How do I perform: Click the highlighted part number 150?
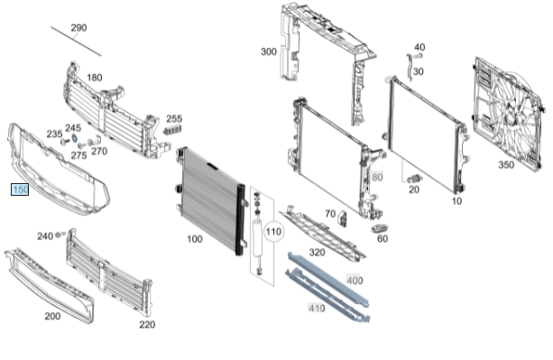[20, 189]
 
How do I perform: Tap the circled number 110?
[273, 232]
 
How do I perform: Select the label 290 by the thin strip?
[78, 27]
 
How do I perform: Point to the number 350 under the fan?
[506, 165]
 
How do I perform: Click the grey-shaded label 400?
[355, 281]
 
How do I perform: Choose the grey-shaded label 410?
[317, 308]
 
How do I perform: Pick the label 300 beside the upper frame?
[269, 51]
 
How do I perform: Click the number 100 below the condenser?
[194, 239]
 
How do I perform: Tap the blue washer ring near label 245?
[75, 137]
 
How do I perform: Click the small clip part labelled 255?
[172, 129]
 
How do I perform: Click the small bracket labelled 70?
[343, 217]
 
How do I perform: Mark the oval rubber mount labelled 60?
[380, 228]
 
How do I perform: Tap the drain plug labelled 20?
[415, 179]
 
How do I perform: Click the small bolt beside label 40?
[419, 56]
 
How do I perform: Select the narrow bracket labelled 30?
[409, 67]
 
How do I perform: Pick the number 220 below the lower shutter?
[147, 325]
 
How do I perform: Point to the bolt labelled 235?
[64, 142]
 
